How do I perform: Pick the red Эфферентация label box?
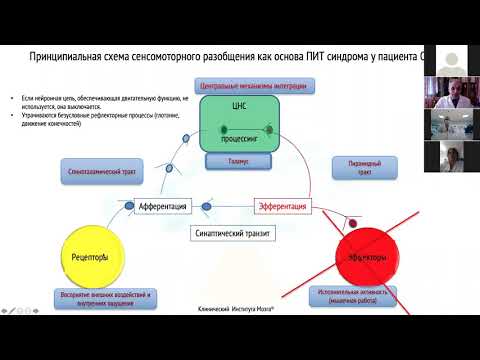click(283, 206)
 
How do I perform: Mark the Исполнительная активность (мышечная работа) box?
click(353, 295)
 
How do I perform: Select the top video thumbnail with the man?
click(447, 94)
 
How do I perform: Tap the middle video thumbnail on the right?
click(447, 124)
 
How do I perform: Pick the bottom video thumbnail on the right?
click(447, 156)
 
